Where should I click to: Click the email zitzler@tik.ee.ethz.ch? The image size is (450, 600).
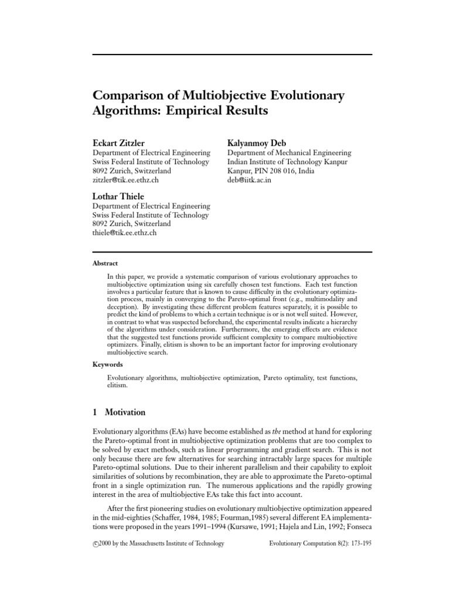pyautogui.click(x=126, y=180)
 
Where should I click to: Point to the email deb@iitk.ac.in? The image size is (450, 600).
pyautogui.click(x=250, y=180)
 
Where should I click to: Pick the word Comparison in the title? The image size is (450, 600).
pyautogui.click(x=125, y=94)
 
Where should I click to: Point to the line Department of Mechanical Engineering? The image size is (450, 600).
pyautogui.click(x=289, y=153)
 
